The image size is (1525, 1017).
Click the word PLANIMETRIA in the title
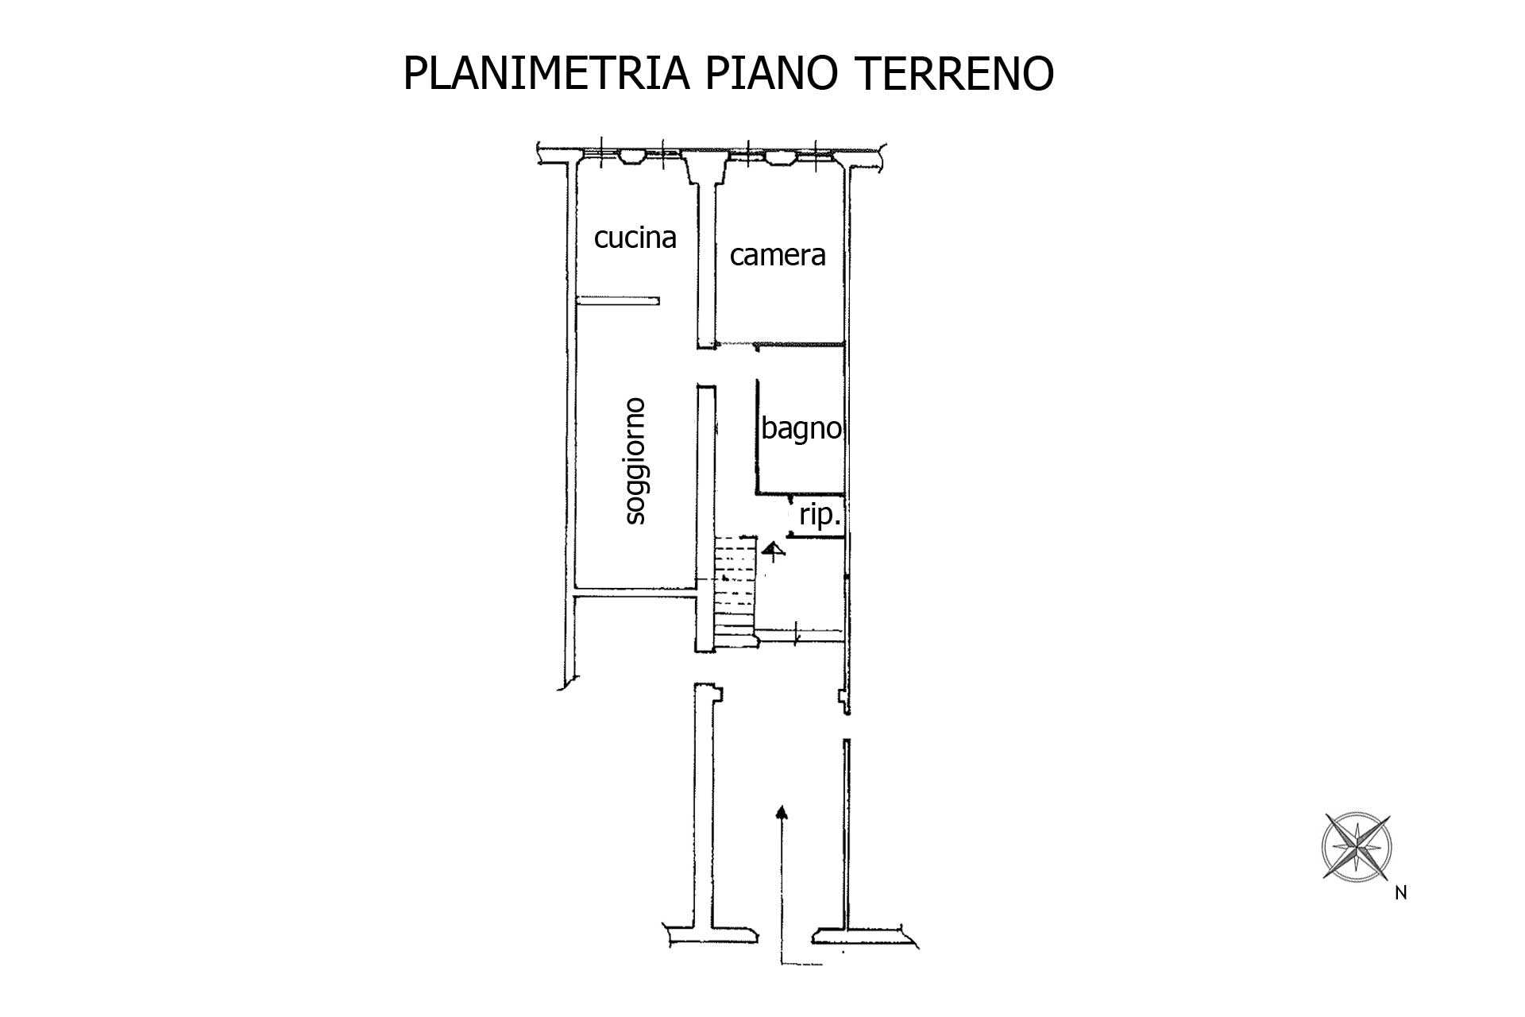pos(546,73)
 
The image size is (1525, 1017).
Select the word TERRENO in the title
pos(954,73)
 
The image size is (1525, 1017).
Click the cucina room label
pos(635,238)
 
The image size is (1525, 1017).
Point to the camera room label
pos(778,255)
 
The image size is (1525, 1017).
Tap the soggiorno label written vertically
pos(635,461)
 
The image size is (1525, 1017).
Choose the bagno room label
pos(801,429)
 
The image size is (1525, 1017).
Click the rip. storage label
pos(820,516)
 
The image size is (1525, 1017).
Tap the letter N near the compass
pos(1401,893)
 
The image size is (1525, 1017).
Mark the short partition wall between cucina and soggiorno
pos(619,300)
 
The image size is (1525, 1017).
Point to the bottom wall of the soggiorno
pos(635,590)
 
